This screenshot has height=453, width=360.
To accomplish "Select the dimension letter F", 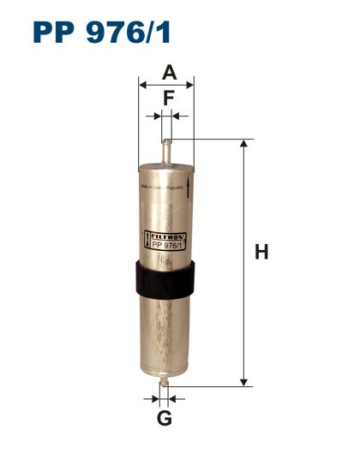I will tap(168, 98).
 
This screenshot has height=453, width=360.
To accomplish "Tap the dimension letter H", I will tap(262, 253).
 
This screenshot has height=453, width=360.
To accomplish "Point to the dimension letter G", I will tap(165, 418).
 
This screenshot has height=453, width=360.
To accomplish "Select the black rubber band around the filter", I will tap(166, 278).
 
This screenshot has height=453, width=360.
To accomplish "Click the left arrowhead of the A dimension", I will tap(142, 85).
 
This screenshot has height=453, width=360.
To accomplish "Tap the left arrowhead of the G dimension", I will tap(157, 398).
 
